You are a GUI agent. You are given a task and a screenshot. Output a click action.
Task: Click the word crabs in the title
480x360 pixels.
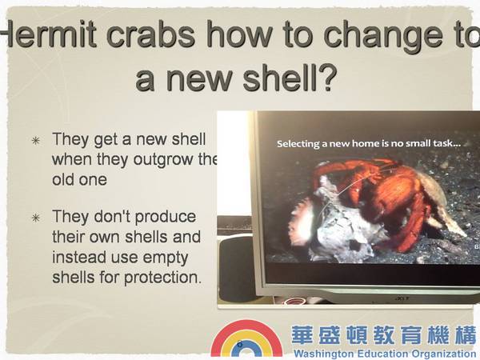click(151, 34)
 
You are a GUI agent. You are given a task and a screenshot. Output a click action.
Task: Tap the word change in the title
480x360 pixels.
click(383, 37)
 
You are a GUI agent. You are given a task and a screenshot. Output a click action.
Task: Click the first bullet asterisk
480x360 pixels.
click(36, 141)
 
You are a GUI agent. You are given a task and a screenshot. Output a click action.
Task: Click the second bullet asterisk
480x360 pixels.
click(36, 218)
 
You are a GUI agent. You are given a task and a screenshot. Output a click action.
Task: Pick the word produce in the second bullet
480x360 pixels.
click(166, 218)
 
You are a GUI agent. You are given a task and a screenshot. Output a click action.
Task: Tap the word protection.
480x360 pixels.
click(163, 278)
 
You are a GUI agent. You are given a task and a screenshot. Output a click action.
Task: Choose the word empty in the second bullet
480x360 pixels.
click(166, 258)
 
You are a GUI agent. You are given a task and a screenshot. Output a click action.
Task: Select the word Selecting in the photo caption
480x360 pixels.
click(298, 144)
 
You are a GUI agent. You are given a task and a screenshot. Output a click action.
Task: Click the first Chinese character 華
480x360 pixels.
click(302, 335)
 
